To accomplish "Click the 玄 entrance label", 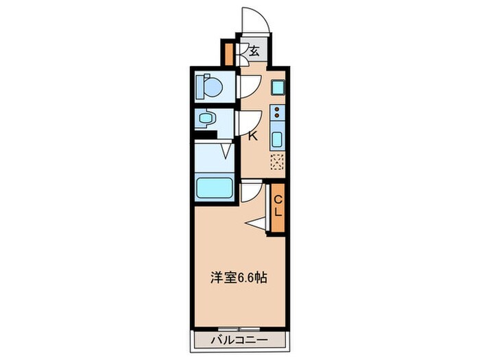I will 254,51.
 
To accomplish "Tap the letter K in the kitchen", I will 252,136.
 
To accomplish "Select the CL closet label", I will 278,206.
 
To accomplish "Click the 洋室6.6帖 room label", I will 238,279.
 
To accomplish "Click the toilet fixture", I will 209,88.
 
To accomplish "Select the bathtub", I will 215,187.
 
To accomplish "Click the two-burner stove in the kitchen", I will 277,112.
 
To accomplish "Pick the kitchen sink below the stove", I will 277,139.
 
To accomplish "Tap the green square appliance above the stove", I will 277,88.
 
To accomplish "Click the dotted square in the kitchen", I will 277,163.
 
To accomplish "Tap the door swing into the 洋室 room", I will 252,191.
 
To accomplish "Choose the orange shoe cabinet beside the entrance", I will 228,53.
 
